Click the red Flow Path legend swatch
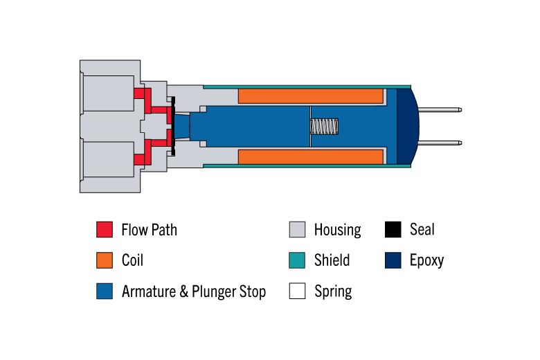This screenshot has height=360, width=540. (105, 229)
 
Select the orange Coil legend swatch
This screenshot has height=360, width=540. (105, 260)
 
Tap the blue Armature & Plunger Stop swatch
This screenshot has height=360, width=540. (105, 291)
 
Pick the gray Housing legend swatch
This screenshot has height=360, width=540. (297, 229)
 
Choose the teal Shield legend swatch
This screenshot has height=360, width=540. (297, 260)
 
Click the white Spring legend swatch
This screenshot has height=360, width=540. (297, 291)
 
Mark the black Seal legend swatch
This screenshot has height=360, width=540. (393, 229)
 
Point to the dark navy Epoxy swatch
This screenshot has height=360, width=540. (393, 260)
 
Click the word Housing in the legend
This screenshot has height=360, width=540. (338, 230)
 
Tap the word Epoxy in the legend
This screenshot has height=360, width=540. (426, 261)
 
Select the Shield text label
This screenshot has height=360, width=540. (332, 260)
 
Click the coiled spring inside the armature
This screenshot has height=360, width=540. (324, 127)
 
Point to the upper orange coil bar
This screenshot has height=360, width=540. (311, 96)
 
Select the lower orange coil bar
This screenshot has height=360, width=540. (311, 156)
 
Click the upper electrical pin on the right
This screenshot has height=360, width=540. (440, 110)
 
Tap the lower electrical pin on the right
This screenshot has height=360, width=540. (440, 143)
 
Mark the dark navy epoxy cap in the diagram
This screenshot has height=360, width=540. (408, 127)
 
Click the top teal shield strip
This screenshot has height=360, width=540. (307, 87)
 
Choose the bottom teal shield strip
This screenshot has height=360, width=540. (307, 165)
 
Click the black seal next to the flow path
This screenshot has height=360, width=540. (173, 127)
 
